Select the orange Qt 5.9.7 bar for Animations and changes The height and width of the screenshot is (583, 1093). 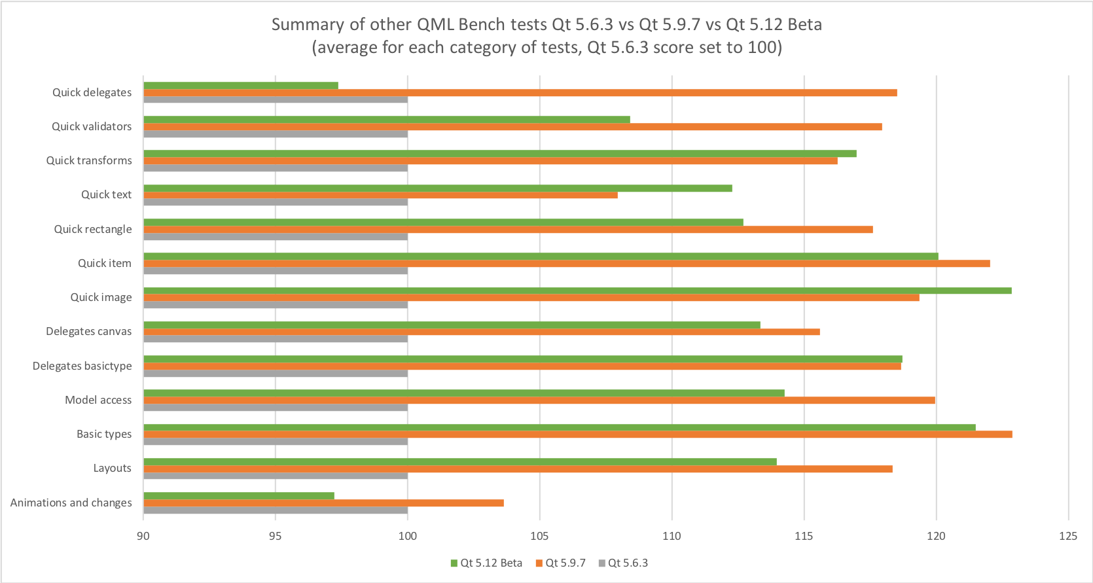pyautogui.click(x=323, y=503)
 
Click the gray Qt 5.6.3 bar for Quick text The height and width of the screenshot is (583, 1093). pyautogui.click(x=276, y=202)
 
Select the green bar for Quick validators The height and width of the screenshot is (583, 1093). pyautogui.click(x=386, y=120)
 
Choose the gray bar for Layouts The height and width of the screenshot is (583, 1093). pyautogui.click(x=276, y=476)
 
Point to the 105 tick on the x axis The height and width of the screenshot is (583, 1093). pyautogui.click(x=539, y=536)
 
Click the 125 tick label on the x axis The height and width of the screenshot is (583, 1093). pyautogui.click(x=1067, y=536)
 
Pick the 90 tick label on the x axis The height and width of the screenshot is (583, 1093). pyautogui.click(x=143, y=536)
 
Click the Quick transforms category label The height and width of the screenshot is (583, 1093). pyautogui.click(x=89, y=160)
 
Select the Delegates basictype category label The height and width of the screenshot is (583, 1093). pyautogui.click(x=82, y=366)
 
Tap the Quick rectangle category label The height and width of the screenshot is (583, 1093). pyautogui.click(x=93, y=229)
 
